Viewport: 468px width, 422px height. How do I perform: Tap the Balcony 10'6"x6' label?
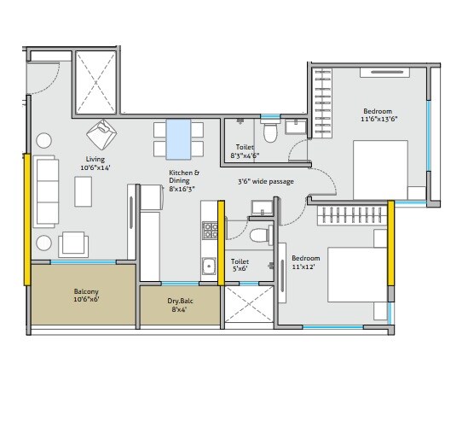coord(85,296)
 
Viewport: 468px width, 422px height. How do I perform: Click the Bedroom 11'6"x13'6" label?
coord(378,115)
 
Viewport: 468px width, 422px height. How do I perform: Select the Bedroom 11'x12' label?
coord(306,263)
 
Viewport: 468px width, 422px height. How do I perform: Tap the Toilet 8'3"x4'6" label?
coord(246,152)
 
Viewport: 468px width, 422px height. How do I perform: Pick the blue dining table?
coord(179,139)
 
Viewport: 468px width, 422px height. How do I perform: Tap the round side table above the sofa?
coord(43,139)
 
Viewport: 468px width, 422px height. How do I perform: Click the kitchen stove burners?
coord(208,230)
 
